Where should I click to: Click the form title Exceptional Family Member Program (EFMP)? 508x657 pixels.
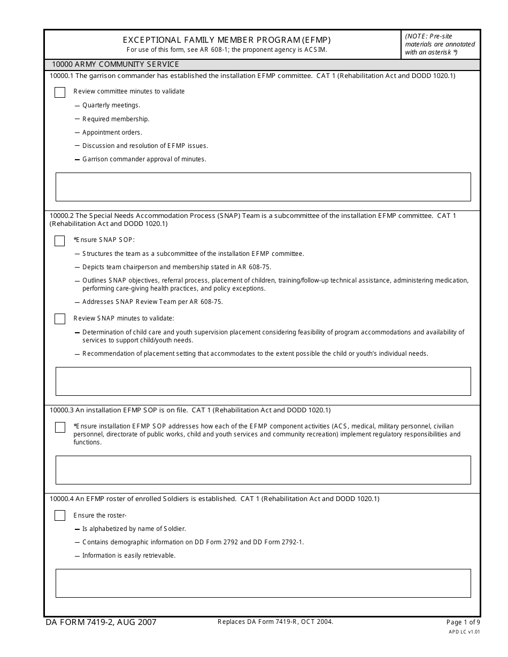click(x=227, y=40)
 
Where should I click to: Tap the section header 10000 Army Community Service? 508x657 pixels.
click(x=115, y=65)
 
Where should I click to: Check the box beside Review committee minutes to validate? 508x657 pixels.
click(x=60, y=92)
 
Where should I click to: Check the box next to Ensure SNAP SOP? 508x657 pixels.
click(x=60, y=241)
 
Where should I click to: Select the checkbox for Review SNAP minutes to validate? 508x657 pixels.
click(x=60, y=319)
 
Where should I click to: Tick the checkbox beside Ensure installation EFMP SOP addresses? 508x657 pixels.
click(x=60, y=427)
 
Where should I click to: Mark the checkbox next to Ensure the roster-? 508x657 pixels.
click(x=60, y=516)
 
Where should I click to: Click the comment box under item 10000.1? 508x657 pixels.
click(x=263, y=187)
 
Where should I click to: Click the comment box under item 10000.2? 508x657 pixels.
click(x=263, y=381)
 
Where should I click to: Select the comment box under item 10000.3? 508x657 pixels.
click(x=263, y=470)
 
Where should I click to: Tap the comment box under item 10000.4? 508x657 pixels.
click(x=263, y=583)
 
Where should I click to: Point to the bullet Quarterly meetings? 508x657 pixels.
click(x=111, y=106)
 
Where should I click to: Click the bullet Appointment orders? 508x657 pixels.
click(x=112, y=132)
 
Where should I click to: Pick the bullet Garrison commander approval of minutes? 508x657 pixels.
click(x=144, y=159)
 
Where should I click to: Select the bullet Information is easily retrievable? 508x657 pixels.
click(x=129, y=556)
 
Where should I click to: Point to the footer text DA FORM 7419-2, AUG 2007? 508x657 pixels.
click(x=101, y=622)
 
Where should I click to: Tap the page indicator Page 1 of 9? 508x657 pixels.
click(x=463, y=622)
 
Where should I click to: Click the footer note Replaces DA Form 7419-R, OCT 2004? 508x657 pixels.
click(x=275, y=622)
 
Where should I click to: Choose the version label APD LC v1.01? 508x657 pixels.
click(x=464, y=631)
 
